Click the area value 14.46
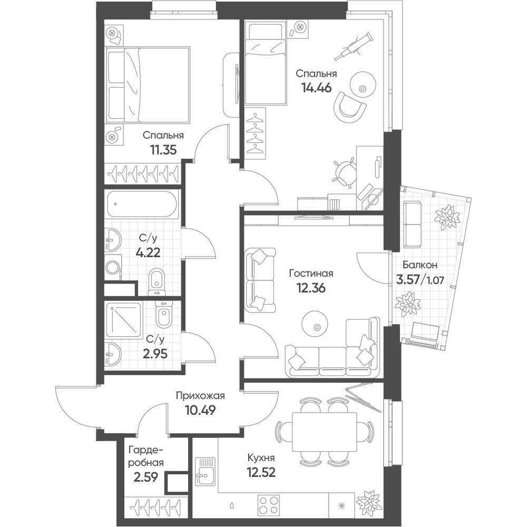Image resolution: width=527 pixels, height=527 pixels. (x=317, y=87)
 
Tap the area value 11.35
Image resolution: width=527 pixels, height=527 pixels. (x=163, y=150)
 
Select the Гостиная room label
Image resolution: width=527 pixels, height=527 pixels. (x=311, y=274)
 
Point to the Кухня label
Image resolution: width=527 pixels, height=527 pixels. (x=261, y=458)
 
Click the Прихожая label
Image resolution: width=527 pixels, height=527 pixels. (x=200, y=396)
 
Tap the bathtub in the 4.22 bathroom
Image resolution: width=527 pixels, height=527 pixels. (x=142, y=203)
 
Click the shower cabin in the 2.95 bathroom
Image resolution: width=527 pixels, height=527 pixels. (x=124, y=320)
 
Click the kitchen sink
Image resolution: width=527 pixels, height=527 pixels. (x=205, y=471)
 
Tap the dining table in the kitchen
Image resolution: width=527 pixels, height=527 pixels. (x=324, y=432)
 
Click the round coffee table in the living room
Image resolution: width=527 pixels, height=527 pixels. (x=315, y=323)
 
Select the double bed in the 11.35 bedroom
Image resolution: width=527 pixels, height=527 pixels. (x=148, y=84)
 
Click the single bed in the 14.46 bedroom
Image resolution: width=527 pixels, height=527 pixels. (x=266, y=63)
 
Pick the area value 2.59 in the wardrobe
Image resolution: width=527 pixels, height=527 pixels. (x=145, y=477)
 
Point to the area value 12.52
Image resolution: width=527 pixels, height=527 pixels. (x=261, y=473)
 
